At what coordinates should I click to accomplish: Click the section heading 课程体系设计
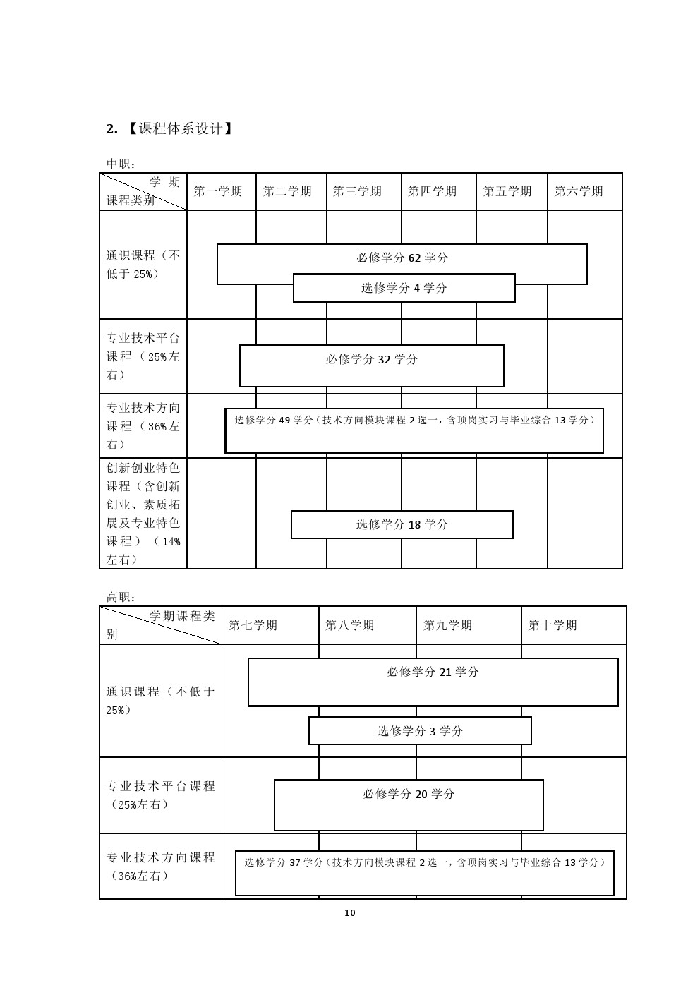click(180, 128)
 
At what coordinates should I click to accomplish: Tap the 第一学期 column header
click(218, 191)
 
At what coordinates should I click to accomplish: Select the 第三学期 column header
click(357, 191)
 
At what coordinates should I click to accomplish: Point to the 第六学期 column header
click(579, 191)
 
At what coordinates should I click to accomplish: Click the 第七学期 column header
click(253, 625)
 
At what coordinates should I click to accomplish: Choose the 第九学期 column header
click(447, 625)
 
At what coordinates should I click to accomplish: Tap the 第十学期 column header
click(553, 625)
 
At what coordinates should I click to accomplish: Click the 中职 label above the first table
click(121, 164)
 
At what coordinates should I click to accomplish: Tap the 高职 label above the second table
click(121, 598)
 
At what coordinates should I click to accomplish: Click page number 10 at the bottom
click(349, 912)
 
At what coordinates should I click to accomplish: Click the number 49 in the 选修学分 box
click(284, 420)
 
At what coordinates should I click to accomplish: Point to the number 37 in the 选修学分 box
click(295, 862)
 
